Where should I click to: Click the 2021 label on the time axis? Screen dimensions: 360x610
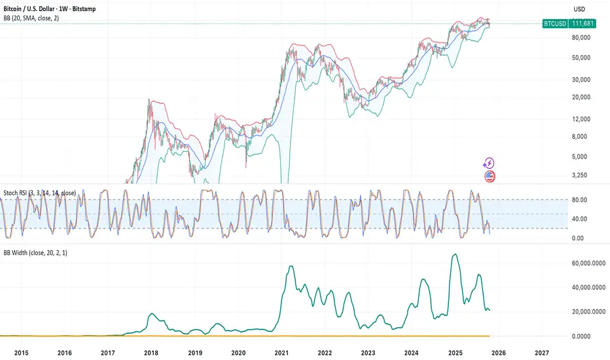tap(282, 352)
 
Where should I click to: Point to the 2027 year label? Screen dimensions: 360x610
tap(541, 352)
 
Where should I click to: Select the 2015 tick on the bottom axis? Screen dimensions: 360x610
tap(22, 352)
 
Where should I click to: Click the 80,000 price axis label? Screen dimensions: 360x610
tap(579, 38)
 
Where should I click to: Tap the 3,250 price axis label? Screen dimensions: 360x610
tap(579, 175)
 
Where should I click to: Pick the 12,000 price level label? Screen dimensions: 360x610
tap(579, 119)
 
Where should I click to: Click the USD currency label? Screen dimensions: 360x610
tap(579, 9)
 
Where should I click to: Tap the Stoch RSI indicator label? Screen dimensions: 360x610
tap(39, 193)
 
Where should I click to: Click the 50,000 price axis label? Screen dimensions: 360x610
tap(579, 58)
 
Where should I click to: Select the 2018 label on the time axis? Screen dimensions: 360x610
tap(151, 352)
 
